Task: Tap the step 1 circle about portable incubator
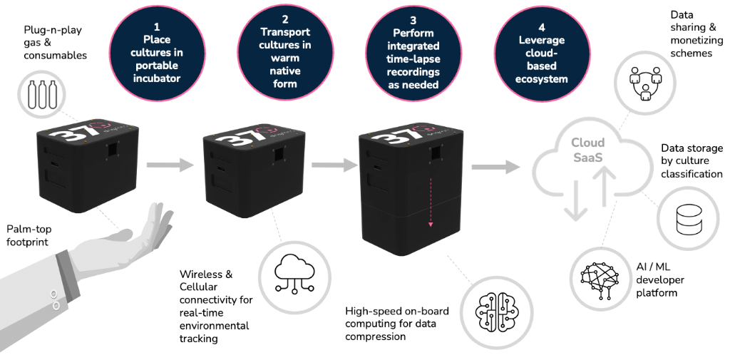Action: click(157, 53)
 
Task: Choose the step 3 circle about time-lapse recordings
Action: click(413, 53)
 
